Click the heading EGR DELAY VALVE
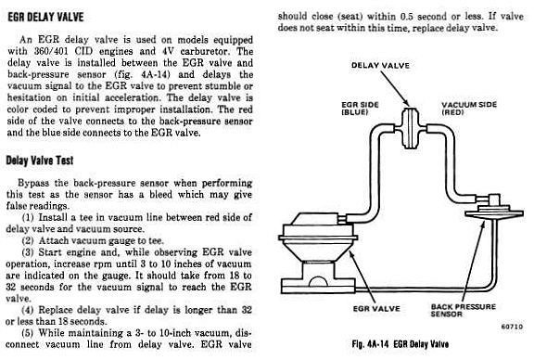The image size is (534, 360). click(x=45, y=17)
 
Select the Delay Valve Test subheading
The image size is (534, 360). click(x=40, y=161)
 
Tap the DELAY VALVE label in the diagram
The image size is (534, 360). click(x=380, y=65)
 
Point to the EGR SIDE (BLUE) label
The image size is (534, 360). click(x=360, y=108)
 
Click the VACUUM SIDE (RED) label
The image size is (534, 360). click(x=469, y=108)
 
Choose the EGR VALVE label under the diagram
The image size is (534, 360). click(x=376, y=309)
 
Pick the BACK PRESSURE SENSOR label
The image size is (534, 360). click(x=464, y=310)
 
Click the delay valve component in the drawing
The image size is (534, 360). click(x=410, y=128)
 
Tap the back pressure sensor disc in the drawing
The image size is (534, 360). click(x=494, y=213)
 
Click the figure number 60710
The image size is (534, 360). click(x=512, y=327)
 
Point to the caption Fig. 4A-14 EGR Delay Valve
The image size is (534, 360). click(x=400, y=344)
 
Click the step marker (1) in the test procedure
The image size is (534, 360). click(x=28, y=217)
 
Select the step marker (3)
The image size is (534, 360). click(x=28, y=252)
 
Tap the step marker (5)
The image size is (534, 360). click(x=28, y=333)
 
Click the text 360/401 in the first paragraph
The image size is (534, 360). click(x=50, y=51)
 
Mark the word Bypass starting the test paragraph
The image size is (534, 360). click(x=33, y=184)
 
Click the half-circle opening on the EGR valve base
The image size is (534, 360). click(x=317, y=281)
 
